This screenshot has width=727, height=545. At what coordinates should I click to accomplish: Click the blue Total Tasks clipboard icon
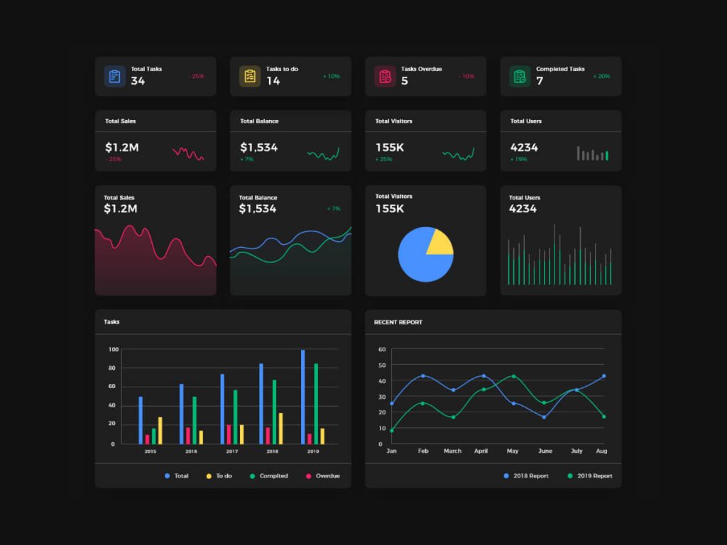click(x=114, y=77)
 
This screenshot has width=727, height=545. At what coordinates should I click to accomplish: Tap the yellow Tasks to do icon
click(x=249, y=77)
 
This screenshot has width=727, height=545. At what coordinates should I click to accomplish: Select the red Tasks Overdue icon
click(x=385, y=77)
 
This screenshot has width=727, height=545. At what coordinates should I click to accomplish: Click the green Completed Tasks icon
click(x=520, y=77)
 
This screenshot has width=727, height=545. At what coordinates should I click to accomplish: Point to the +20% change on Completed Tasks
click(x=601, y=76)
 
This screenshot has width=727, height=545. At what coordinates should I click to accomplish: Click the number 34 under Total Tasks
click(x=138, y=81)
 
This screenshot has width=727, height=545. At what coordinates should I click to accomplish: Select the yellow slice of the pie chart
click(x=438, y=242)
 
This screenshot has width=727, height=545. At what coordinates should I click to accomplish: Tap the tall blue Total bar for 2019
click(x=302, y=397)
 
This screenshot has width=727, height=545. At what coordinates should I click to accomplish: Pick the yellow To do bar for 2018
click(x=280, y=429)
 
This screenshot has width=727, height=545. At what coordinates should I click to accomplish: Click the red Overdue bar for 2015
click(x=147, y=439)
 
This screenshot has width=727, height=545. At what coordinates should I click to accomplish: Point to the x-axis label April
click(x=481, y=451)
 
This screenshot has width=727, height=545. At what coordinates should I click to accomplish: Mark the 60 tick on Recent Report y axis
click(x=381, y=350)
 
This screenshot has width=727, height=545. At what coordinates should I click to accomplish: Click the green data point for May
click(x=513, y=376)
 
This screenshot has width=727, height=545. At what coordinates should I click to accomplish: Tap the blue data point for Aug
click(x=603, y=376)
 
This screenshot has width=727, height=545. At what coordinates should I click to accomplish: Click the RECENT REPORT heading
click(x=398, y=322)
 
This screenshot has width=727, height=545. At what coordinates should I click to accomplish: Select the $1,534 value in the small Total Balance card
click(x=258, y=148)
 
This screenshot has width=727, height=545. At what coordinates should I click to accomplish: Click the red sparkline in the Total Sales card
click(x=188, y=153)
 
